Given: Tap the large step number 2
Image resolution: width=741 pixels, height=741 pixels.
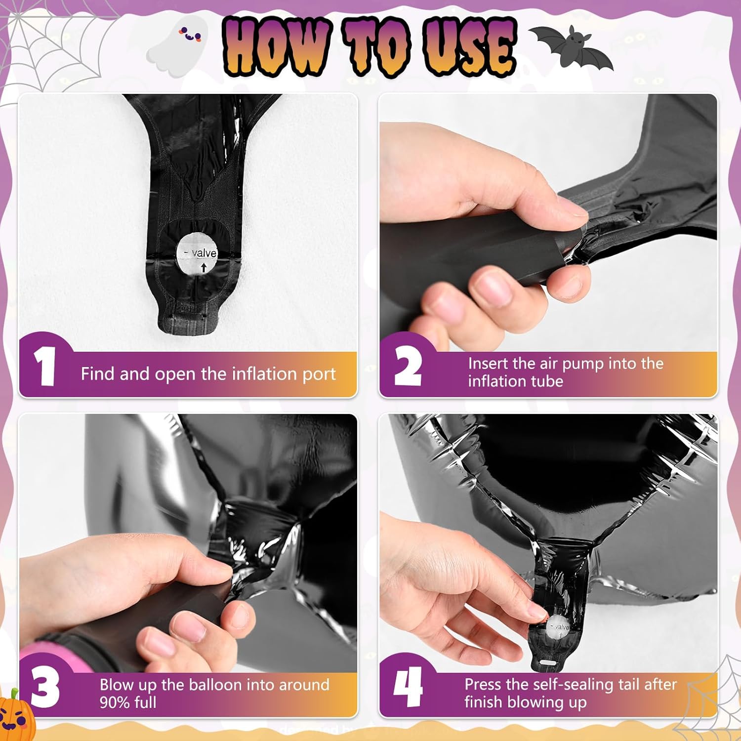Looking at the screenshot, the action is (408, 366).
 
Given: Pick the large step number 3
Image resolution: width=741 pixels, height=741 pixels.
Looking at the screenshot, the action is (45, 688).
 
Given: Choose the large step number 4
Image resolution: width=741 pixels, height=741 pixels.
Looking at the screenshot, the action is (408, 687).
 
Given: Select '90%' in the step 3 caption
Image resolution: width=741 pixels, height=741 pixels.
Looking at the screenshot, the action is (117, 702).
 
